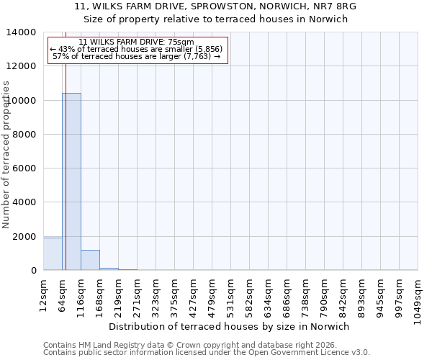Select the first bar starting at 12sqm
click(x=53, y=254)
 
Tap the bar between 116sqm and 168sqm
click(x=90, y=260)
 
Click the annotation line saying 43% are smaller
click(x=137, y=49)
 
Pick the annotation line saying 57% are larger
click(x=137, y=56)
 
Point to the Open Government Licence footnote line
click(x=207, y=353)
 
